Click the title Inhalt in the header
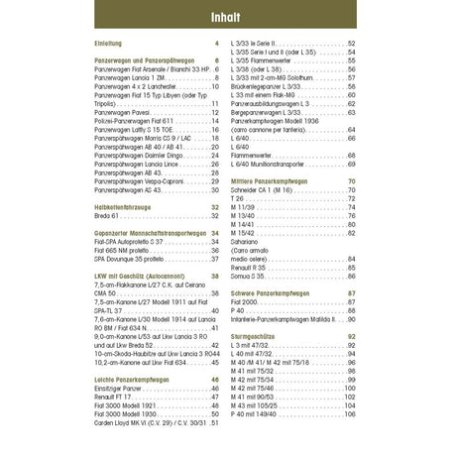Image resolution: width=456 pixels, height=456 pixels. pyautogui.click(x=227, y=18)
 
